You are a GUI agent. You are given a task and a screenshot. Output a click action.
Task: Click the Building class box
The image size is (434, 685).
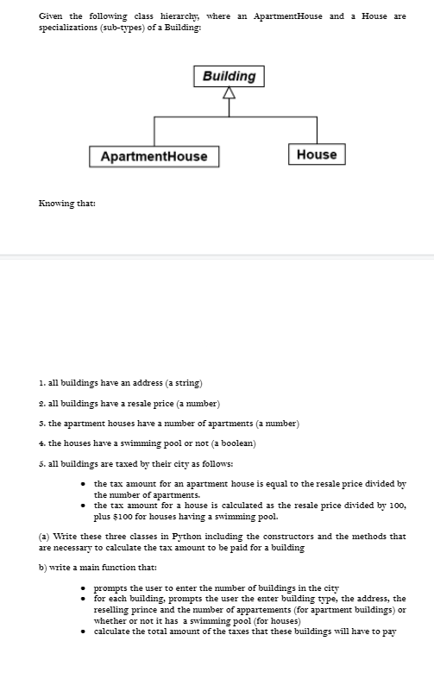click(229, 76)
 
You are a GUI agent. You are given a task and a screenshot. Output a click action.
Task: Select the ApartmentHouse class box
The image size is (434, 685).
click(154, 156)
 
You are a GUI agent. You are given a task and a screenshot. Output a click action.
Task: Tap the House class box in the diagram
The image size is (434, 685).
click(316, 154)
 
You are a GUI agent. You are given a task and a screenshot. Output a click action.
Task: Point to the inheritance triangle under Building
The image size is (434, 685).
click(229, 94)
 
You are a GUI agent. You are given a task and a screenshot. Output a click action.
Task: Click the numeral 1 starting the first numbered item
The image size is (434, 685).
click(41, 382)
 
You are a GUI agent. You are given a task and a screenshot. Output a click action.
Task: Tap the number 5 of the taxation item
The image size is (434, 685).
click(41, 464)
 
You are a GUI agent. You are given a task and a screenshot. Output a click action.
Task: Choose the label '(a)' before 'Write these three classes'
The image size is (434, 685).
click(45, 537)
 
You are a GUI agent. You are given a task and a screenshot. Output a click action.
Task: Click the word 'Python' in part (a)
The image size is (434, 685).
click(183, 537)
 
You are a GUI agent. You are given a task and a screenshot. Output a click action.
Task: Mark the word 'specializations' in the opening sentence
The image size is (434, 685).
click(67, 28)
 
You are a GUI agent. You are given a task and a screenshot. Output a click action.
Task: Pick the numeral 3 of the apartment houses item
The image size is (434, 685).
click(41, 423)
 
